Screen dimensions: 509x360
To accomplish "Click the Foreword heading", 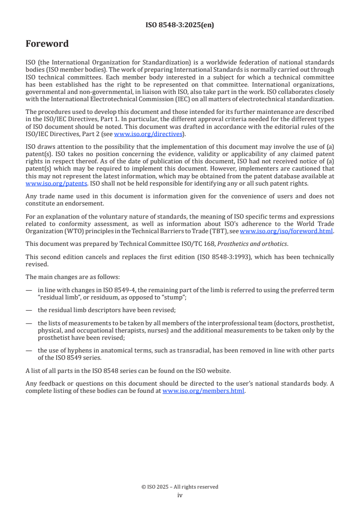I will (x=47, y=44).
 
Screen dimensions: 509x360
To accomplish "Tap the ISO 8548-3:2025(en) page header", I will (x=180, y=25).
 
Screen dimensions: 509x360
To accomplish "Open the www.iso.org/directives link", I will (x=148, y=134).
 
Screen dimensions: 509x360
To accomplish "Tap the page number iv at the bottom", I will (x=180, y=495).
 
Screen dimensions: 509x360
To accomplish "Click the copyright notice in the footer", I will (x=180, y=487).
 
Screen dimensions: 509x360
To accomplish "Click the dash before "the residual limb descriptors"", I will (x=29, y=310).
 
